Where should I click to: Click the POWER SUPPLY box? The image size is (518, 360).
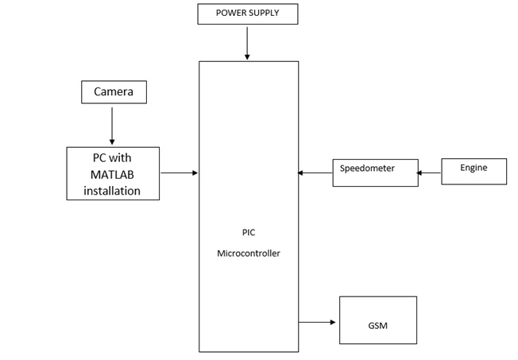point(248,14)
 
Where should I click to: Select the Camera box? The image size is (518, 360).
point(114,92)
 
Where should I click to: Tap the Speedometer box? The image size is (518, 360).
point(375,172)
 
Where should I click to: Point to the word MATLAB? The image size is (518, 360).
point(112,174)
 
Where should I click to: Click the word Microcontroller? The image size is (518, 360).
point(249,254)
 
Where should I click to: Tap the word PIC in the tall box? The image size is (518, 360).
point(249,233)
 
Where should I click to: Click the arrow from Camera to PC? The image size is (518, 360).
point(112,125)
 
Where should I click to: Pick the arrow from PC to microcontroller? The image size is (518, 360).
point(179,172)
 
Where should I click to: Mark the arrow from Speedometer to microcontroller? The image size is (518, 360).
point(315,172)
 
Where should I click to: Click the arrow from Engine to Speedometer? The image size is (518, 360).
point(430,172)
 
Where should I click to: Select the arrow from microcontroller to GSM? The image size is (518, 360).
point(317,322)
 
